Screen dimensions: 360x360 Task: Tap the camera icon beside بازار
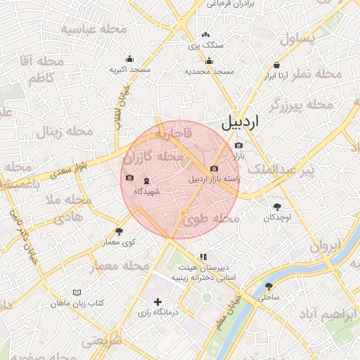point(238,145)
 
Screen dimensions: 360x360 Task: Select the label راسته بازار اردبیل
point(214,179)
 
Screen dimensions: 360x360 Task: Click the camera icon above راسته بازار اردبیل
point(214,169)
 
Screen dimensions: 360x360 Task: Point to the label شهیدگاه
point(147,191)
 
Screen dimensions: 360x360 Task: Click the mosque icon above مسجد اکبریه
point(129,59)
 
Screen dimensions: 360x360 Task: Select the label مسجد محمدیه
point(209,71)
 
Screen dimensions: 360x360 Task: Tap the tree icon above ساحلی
point(269,286)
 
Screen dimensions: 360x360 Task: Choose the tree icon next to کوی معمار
point(118,231)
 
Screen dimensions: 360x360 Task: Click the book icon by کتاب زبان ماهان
point(77,292)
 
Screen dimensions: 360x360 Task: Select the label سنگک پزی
point(205,45)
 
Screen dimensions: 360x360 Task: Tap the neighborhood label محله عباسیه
point(94,30)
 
